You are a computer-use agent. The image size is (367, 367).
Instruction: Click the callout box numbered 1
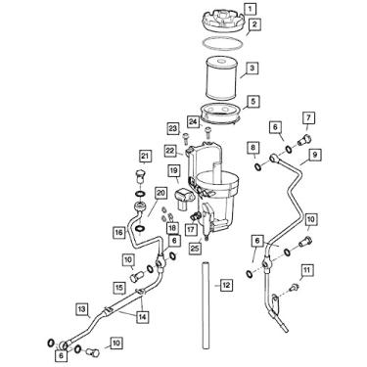[x=250, y=10]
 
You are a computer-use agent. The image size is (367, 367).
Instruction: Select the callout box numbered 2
[x=254, y=24]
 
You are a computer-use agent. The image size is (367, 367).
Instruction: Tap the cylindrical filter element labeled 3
[x=221, y=77]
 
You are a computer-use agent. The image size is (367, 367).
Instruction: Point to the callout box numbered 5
[x=253, y=102]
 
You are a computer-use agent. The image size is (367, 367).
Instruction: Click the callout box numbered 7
[x=308, y=117]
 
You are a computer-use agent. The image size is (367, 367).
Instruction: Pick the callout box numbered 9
[x=314, y=155]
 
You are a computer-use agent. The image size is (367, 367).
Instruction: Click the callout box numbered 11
[x=306, y=270]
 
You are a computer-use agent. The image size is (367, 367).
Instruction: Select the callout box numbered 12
[x=226, y=285]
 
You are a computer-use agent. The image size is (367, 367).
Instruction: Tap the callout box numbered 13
[x=82, y=309]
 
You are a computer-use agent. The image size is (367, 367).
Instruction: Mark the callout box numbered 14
[x=142, y=316]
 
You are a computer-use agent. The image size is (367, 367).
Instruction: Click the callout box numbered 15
[x=119, y=288]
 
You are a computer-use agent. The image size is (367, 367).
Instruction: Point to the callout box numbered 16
[x=118, y=233]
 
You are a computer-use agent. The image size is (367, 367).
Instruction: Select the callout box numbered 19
[x=174, y=170]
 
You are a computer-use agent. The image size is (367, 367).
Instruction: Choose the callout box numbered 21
[x=146, y=157]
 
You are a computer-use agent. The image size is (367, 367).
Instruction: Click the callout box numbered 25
[x=195, y=249]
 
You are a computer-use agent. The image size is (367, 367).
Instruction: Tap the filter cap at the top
[x=222, y=22]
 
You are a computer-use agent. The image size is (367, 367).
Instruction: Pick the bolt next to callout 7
[x=304, y=141]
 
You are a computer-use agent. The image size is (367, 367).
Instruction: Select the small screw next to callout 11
[x=295, y=287]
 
